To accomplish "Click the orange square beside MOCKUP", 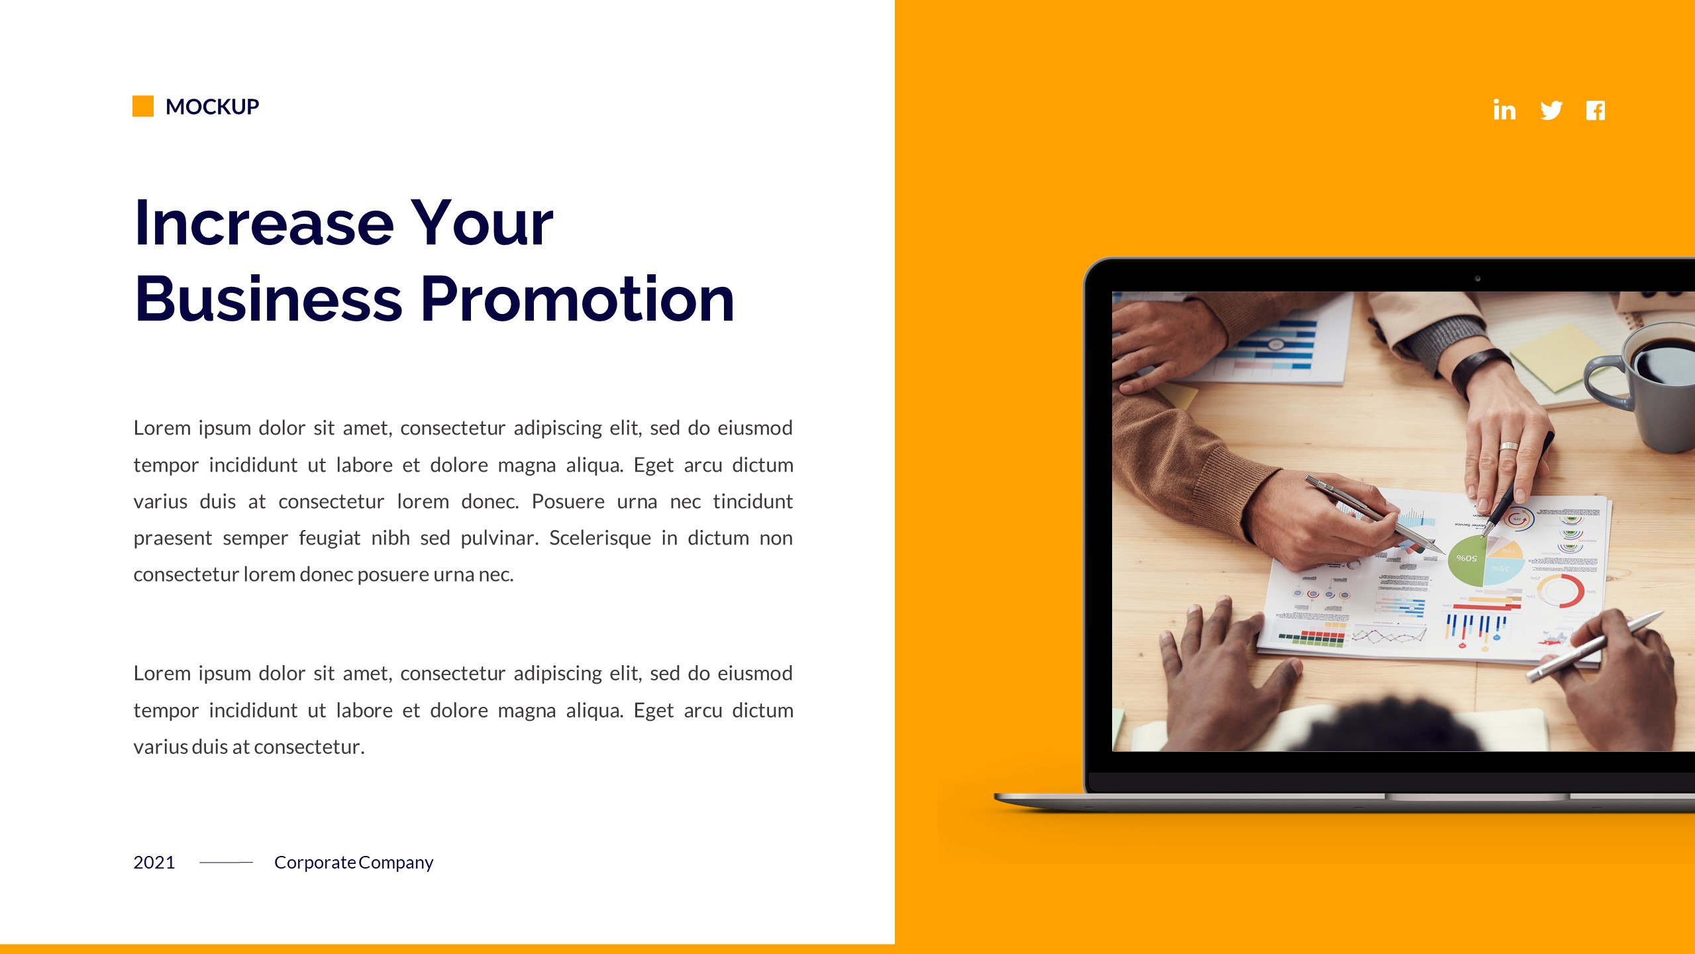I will pos(143,106).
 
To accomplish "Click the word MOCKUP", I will pos(212,107).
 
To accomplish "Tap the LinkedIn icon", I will pos(1504,110).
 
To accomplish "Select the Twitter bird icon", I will pos(1551,110).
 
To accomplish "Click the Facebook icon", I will pos(1596,111).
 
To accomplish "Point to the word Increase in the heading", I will pos(264,223).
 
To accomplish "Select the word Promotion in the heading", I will pos(577,299).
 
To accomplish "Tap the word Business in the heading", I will pos(268,299).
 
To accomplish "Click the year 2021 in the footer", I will pos(154,863).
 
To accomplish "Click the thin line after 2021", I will pos(226,863).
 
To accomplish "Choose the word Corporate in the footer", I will pos(315,863).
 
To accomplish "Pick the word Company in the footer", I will pos(396,863).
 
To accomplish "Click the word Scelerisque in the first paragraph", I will pos(599,538).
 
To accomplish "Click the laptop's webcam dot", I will pos(1478,279).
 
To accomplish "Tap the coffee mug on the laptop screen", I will pos(1656,384).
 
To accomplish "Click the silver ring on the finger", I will pos(1508,446).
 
